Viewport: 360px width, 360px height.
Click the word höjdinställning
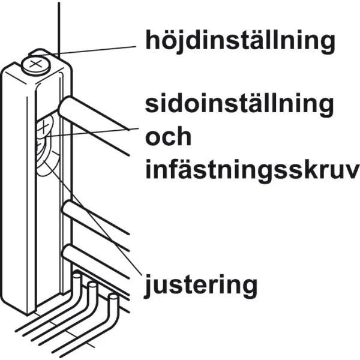pos(241,41)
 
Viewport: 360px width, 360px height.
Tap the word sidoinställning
pos(239,104)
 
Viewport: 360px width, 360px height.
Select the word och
pos(168,136)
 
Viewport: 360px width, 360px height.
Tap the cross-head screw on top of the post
pos(36,65)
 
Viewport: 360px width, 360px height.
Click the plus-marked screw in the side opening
pos(43,128)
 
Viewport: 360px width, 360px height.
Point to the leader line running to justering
pos(93,218)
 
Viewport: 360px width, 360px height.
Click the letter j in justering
pos(148,286)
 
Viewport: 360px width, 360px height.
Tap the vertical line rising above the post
pos(59,30)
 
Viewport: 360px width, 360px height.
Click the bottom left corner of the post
pos(27,314)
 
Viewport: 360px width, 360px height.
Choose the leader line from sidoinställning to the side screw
pos(92,133)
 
